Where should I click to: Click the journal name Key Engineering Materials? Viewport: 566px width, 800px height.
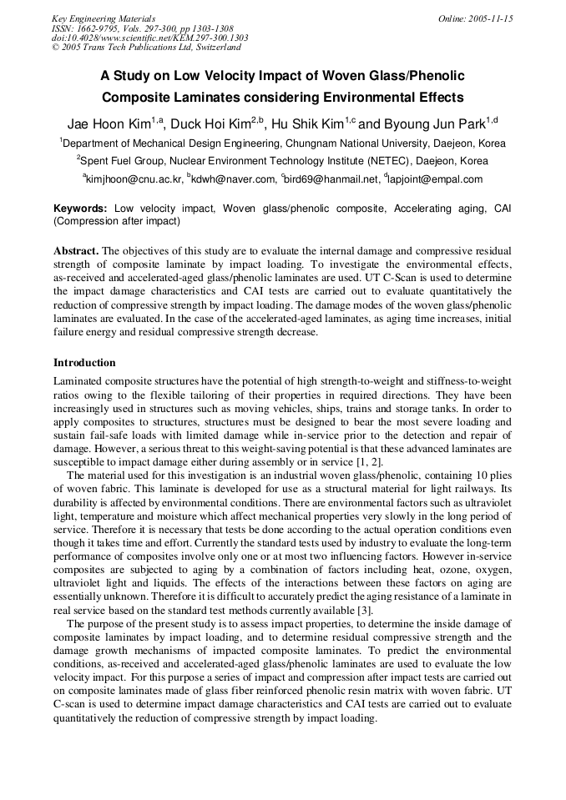[103, 18]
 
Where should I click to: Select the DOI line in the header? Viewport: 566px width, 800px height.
[149, 38]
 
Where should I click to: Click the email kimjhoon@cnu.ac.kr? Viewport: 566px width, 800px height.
[132, 179]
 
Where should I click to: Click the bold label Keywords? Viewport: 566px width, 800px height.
[80, 209]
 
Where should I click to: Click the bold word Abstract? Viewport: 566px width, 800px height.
[75, 251]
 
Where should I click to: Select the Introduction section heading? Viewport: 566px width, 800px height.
[84, 363]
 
